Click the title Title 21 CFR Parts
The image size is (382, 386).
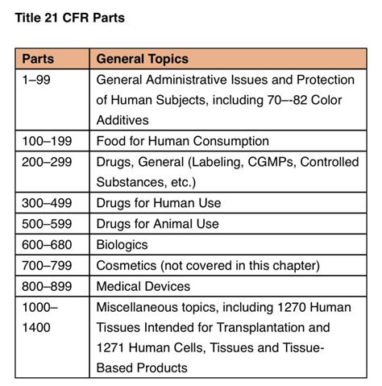click(x=69, y=18)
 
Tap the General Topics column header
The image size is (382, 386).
click(x=142, y=59)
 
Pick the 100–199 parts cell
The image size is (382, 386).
click(x=47, y=141)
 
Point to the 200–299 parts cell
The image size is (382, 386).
click(x=47, y=162)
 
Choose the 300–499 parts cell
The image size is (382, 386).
click(x=47, y=203)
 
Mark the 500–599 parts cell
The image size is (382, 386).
click(x=47, y=224)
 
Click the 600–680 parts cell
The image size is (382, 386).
click(x=47, y=245)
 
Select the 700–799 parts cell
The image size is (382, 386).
click(x=47, y=266)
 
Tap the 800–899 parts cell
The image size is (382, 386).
click(x=47, y=286)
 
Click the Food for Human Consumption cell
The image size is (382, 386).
click(x=182, y=141)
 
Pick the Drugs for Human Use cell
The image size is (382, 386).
click(x=158, y=203)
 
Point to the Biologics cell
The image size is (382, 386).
click(x=122, y=245)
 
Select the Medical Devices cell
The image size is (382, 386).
click(x=143, y=286)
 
